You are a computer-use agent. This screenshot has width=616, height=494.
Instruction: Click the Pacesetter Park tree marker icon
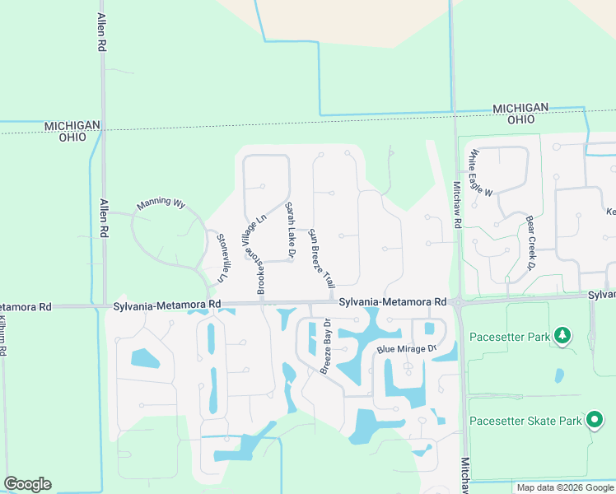[562, 335]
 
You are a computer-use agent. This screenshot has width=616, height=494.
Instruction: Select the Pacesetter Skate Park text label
[525, 421]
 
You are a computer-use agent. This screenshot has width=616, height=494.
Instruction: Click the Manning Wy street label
[161, 202]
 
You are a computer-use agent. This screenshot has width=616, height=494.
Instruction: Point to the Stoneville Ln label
[222, 258]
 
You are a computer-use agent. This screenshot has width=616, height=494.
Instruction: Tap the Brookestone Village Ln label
[262, 254]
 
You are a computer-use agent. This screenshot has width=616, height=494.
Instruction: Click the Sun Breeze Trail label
[320, 256]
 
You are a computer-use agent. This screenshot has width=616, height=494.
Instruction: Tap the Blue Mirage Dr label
[407, 349]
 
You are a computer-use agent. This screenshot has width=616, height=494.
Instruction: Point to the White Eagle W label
[480, 174]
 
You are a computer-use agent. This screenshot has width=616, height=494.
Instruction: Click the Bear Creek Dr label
[530, 243]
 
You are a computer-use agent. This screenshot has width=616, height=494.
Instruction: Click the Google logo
[27, 484]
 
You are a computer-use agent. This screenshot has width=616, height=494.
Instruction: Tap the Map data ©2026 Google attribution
[564, 487]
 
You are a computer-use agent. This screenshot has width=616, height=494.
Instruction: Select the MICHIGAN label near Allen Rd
[72, 125]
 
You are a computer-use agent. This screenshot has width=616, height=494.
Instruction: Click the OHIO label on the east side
[520, 119]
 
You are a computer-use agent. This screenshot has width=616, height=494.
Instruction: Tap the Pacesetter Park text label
[509, 336]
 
